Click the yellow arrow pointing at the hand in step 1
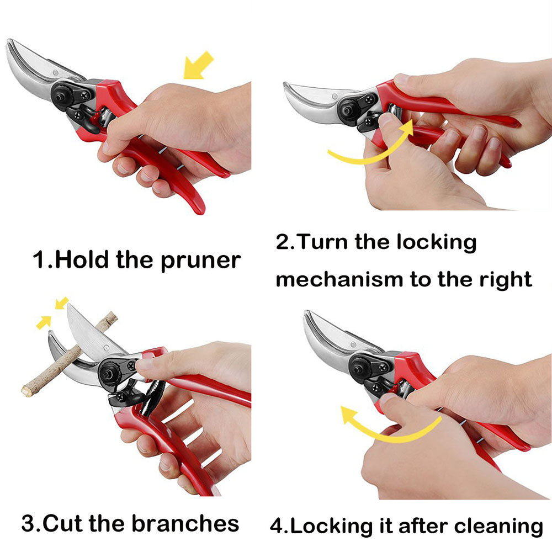point(198,66)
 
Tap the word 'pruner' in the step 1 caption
point(201,261)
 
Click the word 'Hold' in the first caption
point(82,259)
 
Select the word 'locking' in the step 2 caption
point(437,242)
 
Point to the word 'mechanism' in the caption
point(339,279)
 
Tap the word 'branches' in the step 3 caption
point(185,523)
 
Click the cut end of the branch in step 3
point(26,391)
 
